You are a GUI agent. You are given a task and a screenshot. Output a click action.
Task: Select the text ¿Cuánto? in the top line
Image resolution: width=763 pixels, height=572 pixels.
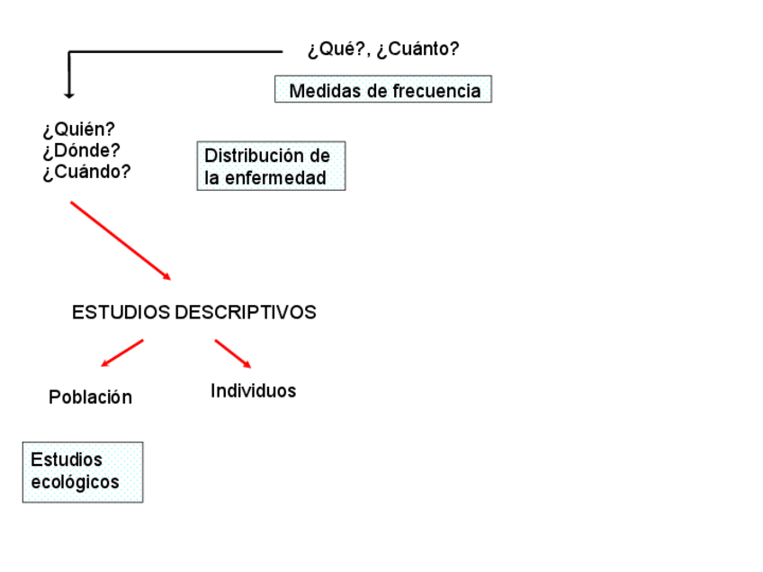(417, 49)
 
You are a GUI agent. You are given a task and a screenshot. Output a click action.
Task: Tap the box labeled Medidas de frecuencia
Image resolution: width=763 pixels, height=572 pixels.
(383, 90)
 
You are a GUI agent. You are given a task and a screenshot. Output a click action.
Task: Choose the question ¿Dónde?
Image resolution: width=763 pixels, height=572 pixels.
(81, 151)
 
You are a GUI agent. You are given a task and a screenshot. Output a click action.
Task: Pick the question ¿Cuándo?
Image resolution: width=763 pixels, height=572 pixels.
(86, 172)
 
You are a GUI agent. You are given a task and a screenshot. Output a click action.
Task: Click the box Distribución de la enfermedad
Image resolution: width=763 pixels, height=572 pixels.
(271, 165)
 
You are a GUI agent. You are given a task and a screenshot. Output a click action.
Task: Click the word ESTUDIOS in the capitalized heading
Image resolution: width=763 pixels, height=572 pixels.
(121, 313)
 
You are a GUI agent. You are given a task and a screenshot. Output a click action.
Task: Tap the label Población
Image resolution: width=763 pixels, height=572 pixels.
(90, 397)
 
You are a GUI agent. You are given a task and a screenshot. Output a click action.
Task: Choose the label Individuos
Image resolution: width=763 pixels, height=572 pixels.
(253, 391)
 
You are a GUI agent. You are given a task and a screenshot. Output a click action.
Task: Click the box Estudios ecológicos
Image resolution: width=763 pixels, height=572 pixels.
(83, 471)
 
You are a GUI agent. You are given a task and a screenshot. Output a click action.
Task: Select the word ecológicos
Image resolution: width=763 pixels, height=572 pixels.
(75, 482)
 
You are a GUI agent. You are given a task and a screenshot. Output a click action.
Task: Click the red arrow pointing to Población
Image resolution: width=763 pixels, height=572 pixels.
(122, 353)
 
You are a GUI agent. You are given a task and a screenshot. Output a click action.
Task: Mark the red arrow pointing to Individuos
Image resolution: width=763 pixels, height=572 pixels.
(232, 353)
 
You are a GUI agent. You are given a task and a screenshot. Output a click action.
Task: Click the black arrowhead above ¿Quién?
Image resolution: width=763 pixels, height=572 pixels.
(68, 93)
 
